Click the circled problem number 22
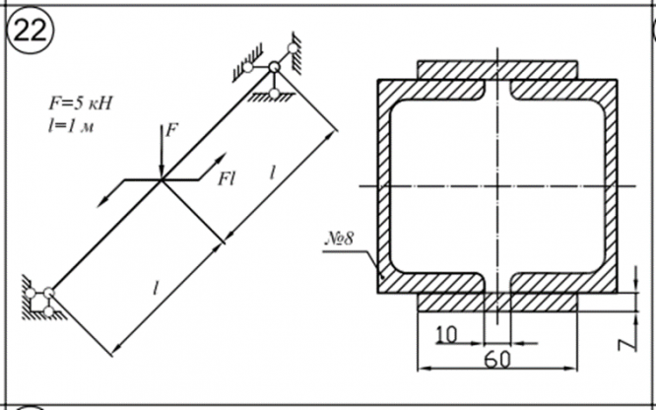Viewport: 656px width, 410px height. (31, 31)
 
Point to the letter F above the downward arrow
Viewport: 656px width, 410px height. (173, 129)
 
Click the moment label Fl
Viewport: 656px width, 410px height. (229, 177)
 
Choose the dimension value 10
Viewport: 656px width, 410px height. (446, 333)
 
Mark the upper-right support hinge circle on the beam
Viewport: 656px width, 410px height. (273, 67)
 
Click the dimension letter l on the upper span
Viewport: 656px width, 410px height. (272, 172)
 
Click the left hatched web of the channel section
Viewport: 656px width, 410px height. (382, 182)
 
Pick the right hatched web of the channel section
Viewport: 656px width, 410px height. (613, 182)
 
